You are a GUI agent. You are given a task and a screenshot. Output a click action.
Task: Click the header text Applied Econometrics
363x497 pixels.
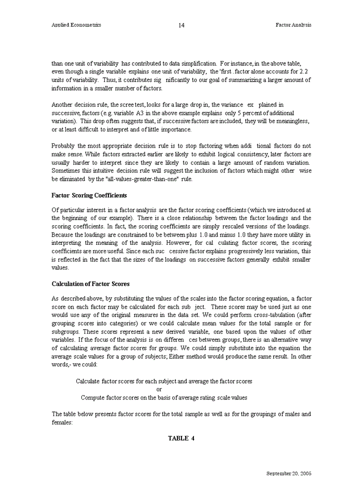pos(76,25)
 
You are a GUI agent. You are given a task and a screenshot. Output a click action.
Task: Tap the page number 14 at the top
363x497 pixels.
pos(181,25)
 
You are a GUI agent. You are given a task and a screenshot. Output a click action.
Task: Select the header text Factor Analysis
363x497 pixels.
pos(294,25)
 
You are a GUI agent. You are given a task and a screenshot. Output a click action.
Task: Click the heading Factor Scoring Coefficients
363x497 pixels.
pos(89,196)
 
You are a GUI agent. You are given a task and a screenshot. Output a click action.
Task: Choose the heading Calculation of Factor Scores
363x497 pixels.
pos(91,284)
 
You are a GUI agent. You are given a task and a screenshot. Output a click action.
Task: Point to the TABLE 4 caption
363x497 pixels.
pos(181,438)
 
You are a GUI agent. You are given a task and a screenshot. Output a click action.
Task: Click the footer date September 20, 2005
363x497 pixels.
pos(289,474)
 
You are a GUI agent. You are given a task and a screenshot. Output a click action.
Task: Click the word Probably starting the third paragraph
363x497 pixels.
pos(64,146)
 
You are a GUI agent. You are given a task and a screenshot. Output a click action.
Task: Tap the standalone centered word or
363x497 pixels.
pos(159,389)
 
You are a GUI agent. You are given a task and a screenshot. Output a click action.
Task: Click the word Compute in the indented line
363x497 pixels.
pos(93,398)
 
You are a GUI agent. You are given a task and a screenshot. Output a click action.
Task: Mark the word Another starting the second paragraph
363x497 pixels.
pos(63,105)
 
